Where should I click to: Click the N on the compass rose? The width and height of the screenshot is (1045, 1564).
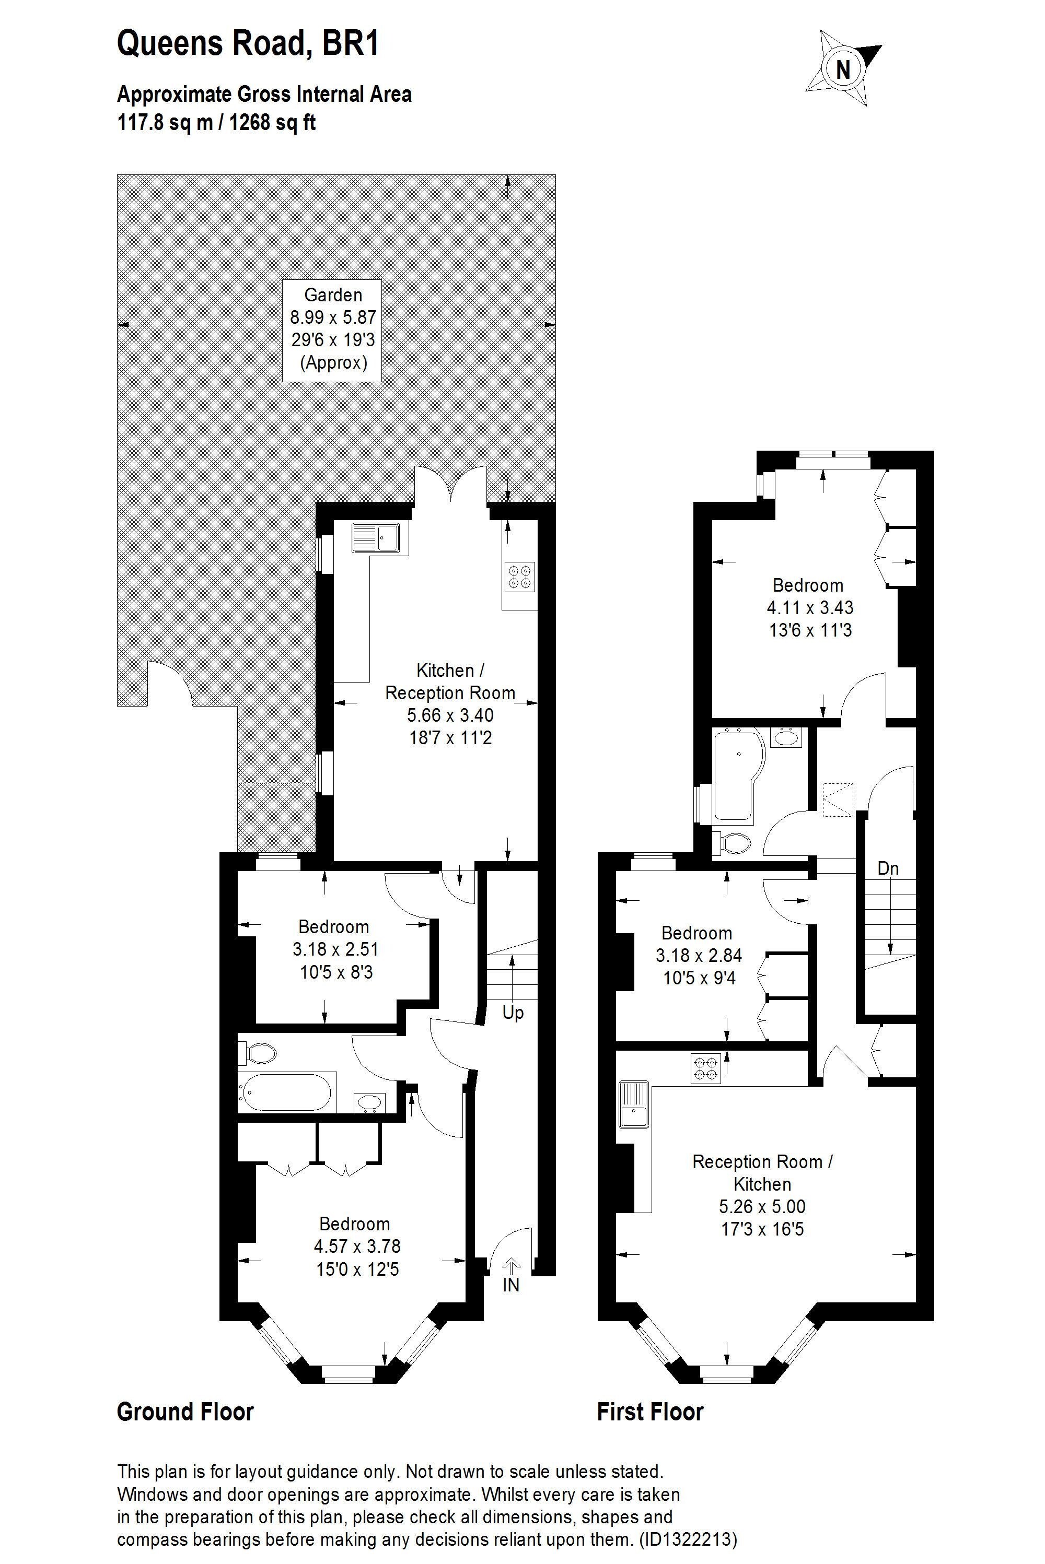click(843, 68)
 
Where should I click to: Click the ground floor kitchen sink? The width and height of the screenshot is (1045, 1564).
click(375, 537)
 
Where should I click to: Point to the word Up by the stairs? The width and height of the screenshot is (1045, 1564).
click(513, 1013)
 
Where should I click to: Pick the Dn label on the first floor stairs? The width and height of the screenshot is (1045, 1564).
click(888, 868)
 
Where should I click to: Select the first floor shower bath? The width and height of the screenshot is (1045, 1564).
click(735, 776)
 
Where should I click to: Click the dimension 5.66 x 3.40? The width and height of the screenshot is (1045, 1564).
click(450, 715)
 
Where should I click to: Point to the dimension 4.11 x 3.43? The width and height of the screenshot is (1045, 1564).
click(810, 607)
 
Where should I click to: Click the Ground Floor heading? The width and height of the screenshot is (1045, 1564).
click(185, 1412)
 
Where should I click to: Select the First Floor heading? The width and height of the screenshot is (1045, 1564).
click(650, 1412)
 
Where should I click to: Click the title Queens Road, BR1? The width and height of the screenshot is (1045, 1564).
click(248, 43)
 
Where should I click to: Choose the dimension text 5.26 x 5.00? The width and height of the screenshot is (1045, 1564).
click(762, 1206)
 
